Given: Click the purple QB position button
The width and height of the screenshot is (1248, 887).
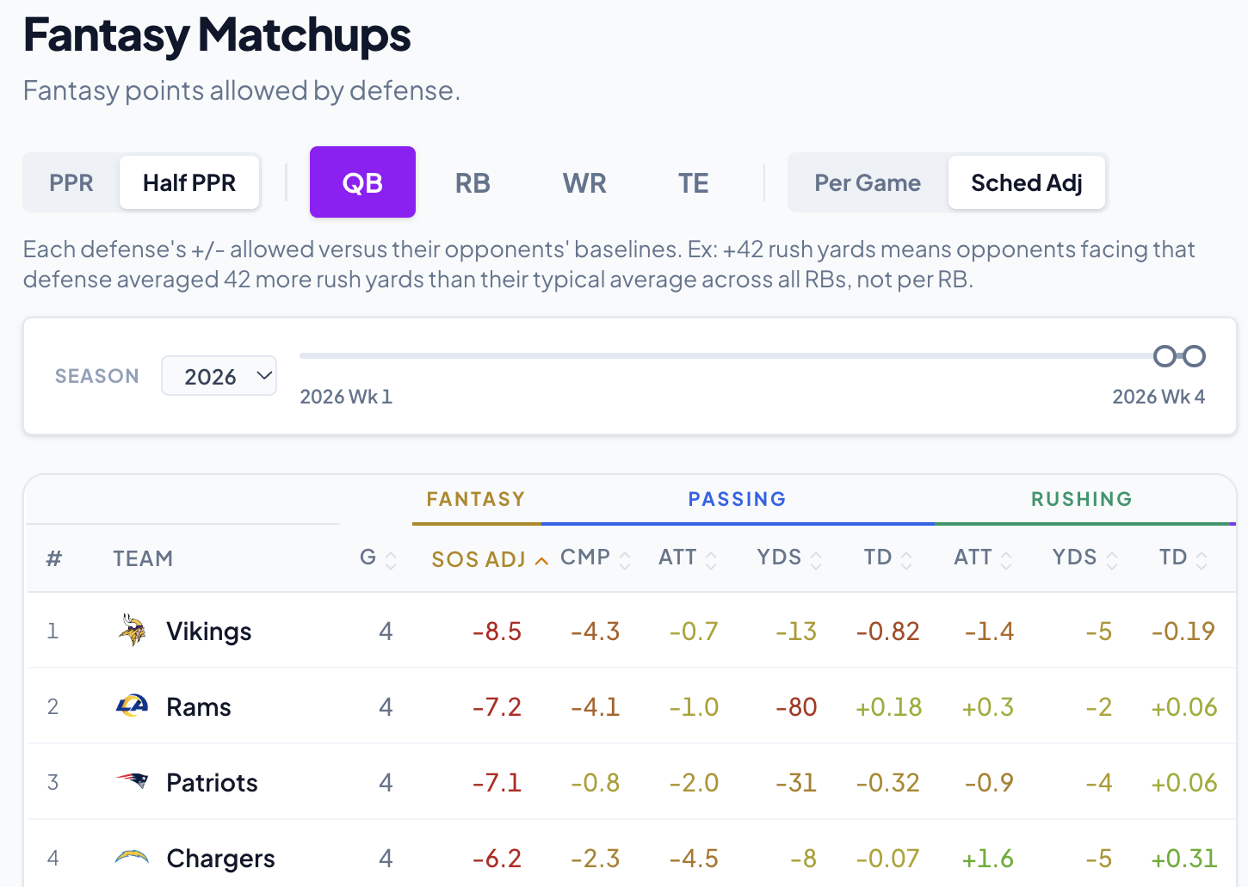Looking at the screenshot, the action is (x=362, y=182).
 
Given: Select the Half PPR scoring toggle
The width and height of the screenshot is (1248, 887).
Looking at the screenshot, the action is (x=189, y=182).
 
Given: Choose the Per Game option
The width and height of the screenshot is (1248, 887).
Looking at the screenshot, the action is (x=868, y=182).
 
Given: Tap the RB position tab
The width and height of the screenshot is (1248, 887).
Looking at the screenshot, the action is (x=473, y=182).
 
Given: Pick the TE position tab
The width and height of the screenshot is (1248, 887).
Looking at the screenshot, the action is (x=693, y=182).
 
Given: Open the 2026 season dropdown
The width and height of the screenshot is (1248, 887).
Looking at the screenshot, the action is (x=219, y=376).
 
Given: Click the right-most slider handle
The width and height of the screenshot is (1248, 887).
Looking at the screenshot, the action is (x=1195, y=356).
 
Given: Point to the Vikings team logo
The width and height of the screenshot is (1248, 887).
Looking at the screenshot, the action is (x=132, y=630).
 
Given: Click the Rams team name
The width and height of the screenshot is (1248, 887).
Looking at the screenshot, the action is (x=198, y=707).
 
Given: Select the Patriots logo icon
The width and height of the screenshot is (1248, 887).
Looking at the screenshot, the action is (x=132, y=781).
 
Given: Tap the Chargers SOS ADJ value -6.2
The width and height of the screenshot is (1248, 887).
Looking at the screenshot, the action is (x=497, y=858).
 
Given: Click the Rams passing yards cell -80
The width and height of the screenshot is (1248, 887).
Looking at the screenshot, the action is (x=796, y=707).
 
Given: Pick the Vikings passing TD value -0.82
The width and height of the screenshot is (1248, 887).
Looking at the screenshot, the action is (x=888, y=631).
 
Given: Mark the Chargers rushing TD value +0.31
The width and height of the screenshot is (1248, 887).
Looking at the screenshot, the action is (x=1184, y=858).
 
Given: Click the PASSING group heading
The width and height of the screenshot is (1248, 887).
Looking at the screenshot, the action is (x=737, y=499).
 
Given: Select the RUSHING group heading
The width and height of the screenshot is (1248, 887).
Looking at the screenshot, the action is (x=1082, y=499).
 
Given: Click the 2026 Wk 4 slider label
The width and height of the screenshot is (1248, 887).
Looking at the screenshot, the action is (x=1158, y=397).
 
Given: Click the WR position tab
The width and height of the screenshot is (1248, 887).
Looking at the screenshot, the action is (x=584, y=182).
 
